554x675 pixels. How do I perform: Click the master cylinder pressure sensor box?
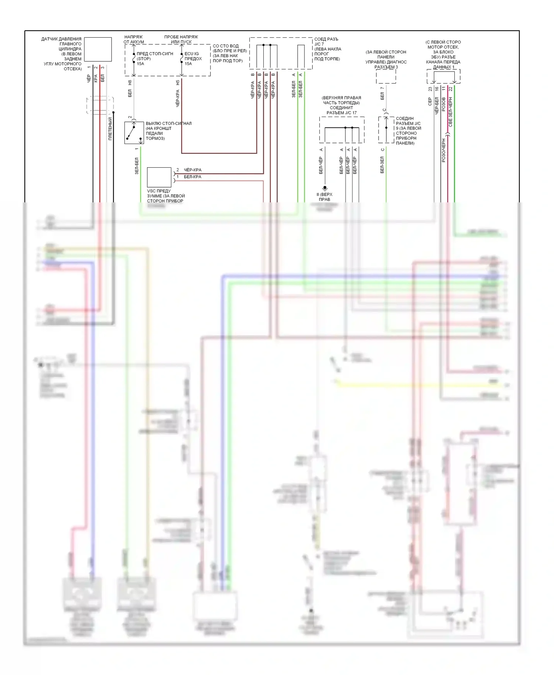(x=98, y=49)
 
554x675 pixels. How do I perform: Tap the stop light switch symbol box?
(x=134, y=133)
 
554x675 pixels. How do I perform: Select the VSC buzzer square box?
(x=159, y=177)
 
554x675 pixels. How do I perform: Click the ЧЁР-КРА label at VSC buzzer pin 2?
(x=193, y=170)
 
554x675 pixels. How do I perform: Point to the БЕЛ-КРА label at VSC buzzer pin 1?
(x=193, y=177)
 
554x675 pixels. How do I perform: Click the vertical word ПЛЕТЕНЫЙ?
(x=110, y=129)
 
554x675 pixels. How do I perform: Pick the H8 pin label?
(x=130, y=83)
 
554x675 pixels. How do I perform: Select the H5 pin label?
(x=178, y=83)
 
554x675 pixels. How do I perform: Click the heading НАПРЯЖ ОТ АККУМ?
(x=134, y=40)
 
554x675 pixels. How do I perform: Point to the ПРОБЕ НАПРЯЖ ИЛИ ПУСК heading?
(x=181, y=40)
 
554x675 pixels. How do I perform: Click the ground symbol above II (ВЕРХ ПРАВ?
(x=325, y=188)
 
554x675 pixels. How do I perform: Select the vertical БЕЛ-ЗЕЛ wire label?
(x=382, y=165)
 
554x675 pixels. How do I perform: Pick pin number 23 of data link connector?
(x=430, y=89)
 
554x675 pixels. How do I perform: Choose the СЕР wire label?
(x=430, y=102)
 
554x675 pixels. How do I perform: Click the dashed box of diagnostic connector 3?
(x=386, y=76)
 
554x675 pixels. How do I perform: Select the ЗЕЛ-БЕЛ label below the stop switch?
(x=137, y=166)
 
